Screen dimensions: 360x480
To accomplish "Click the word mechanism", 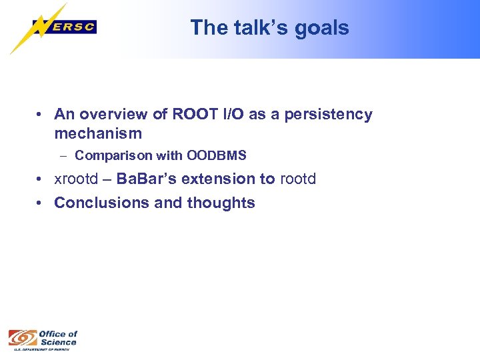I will point(98,133).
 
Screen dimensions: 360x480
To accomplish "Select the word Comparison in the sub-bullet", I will point(113,156).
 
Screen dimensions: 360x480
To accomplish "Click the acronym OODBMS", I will point(217,156).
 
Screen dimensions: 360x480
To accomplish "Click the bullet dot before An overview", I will point(41,115).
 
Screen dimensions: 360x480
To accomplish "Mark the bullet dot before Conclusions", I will point(41,203).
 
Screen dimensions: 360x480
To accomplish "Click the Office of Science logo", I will point(43,340).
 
